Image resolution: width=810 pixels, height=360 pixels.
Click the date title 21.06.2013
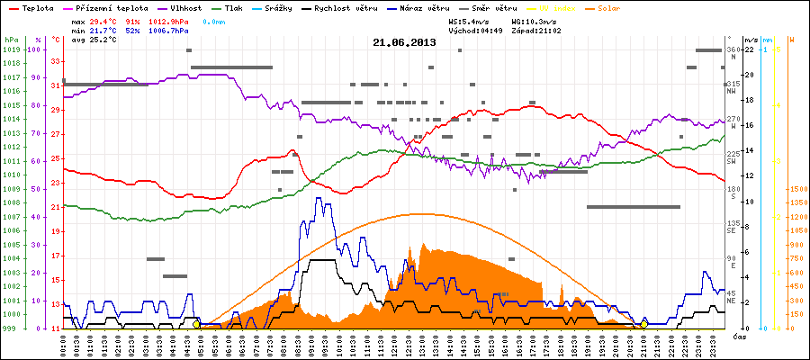(x=405, y=42)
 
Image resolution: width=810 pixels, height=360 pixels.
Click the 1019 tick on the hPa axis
(x=11, y=49)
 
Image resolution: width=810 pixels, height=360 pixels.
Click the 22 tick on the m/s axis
(x=748, y=49)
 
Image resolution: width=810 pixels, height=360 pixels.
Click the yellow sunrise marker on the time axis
(x=196, y=324)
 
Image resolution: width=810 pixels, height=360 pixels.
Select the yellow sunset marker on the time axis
(x=643, y=324)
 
